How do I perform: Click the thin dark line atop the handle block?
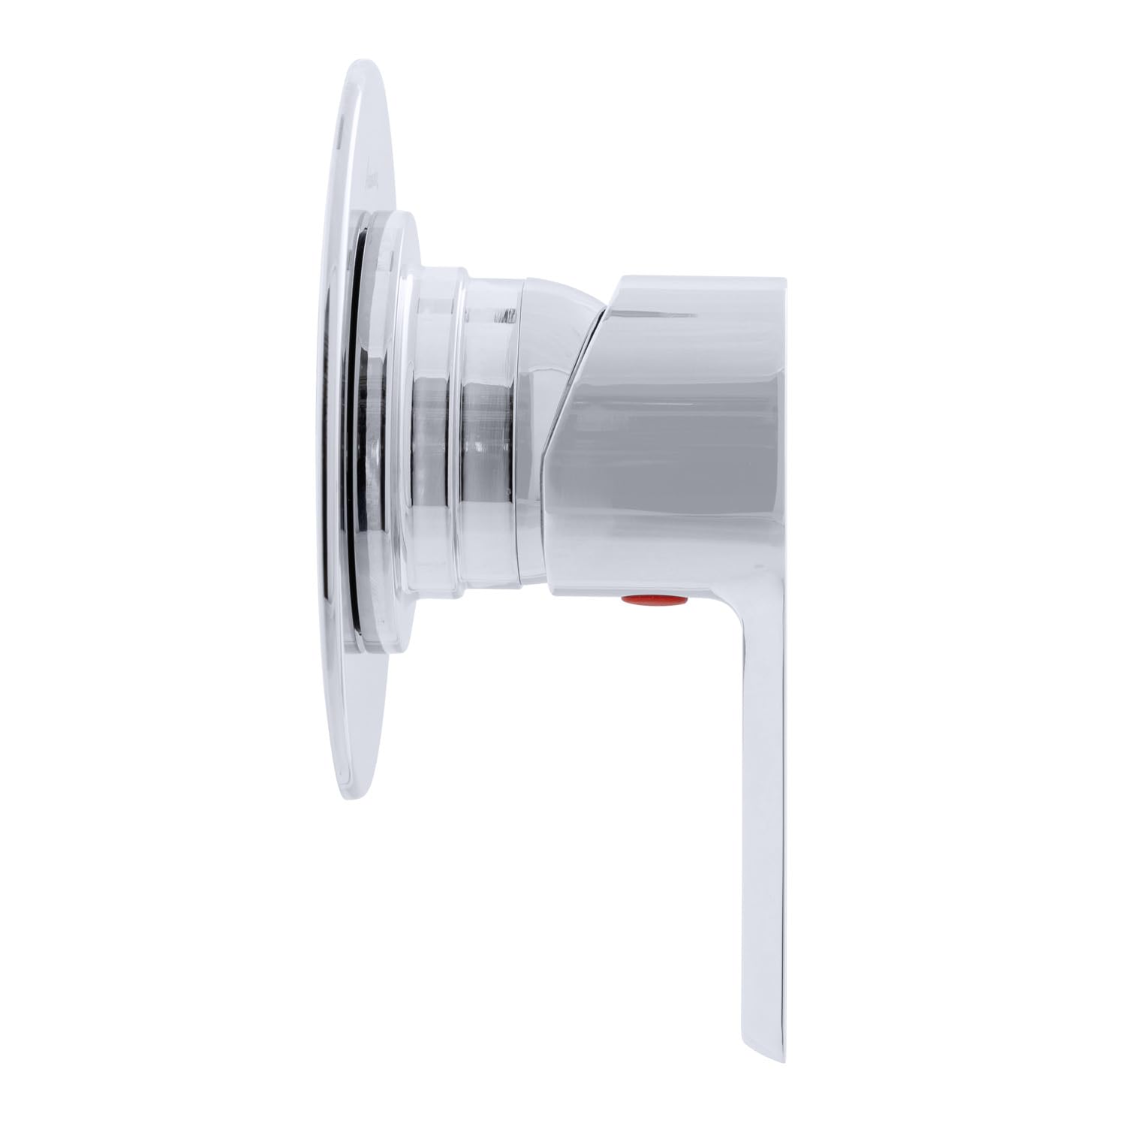click(x=698, y=277)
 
